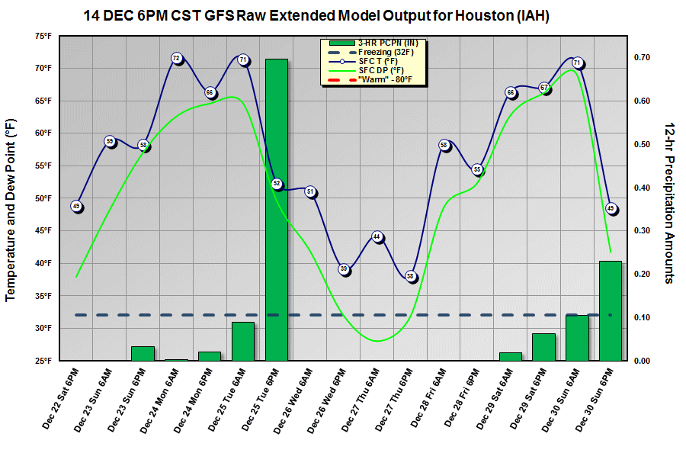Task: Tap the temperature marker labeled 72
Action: tap(176, 58)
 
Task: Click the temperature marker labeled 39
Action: tap(344, 269)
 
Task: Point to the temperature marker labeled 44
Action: tap(377, 238)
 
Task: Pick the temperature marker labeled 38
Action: tap(411, 277)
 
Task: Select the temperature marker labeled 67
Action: tap(544, 88)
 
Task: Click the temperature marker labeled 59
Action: tap(110, 141)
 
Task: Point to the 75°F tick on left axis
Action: tap(43, 36)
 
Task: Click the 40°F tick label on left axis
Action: tap(43, 263)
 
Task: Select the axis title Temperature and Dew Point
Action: tap(12, 210)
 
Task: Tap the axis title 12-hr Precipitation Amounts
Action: tap(668, 202)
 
